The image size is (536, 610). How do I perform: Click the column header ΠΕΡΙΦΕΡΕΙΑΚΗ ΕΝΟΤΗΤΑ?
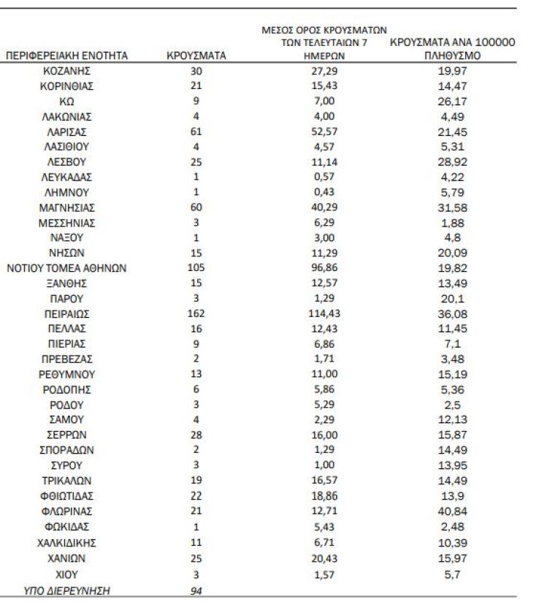coord(66,56)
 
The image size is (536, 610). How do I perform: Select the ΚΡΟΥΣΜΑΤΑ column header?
coord(196,56)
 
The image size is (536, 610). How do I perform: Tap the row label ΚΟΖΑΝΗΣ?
coord(66,71)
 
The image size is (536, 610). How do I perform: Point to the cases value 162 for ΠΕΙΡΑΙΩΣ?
coord(196,314)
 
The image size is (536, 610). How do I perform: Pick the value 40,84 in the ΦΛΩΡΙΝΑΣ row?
coord(451,511)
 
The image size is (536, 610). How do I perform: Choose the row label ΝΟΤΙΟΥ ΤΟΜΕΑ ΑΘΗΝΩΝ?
coord(66,268)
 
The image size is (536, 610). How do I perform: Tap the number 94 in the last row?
coord(196,591)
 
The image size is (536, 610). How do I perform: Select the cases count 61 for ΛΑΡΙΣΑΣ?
coord(196,131)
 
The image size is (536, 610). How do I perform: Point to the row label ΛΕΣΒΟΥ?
coord(66,162)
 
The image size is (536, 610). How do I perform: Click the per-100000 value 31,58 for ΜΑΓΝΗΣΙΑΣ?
coord(451,207)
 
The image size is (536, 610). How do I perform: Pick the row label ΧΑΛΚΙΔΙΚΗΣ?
coord(66,543)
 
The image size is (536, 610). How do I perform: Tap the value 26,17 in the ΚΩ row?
coord(451,101)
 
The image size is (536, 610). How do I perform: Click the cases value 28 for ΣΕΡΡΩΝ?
coord(196,435)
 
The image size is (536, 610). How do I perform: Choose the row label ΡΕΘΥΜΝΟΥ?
coord(66,374)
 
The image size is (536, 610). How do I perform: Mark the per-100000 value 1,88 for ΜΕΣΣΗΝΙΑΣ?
coord(451,223)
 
